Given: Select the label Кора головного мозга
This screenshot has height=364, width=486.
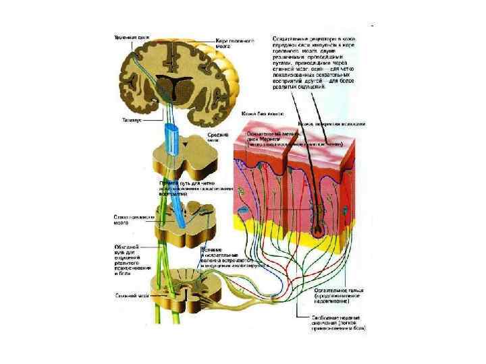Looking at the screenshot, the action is tap(235, 44).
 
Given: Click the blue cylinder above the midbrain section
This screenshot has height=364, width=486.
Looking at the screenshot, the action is tap(173, 139).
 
